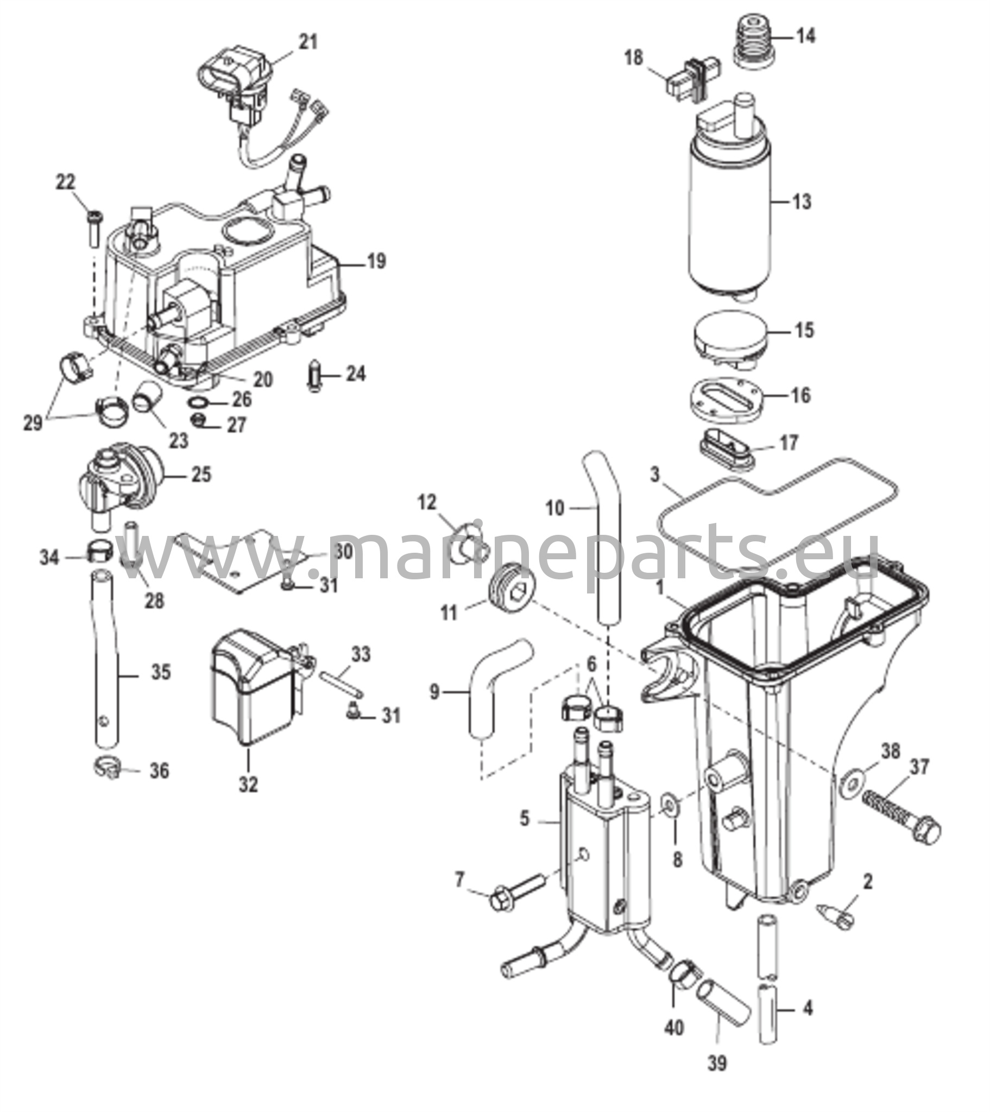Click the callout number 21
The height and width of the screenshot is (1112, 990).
308,42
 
